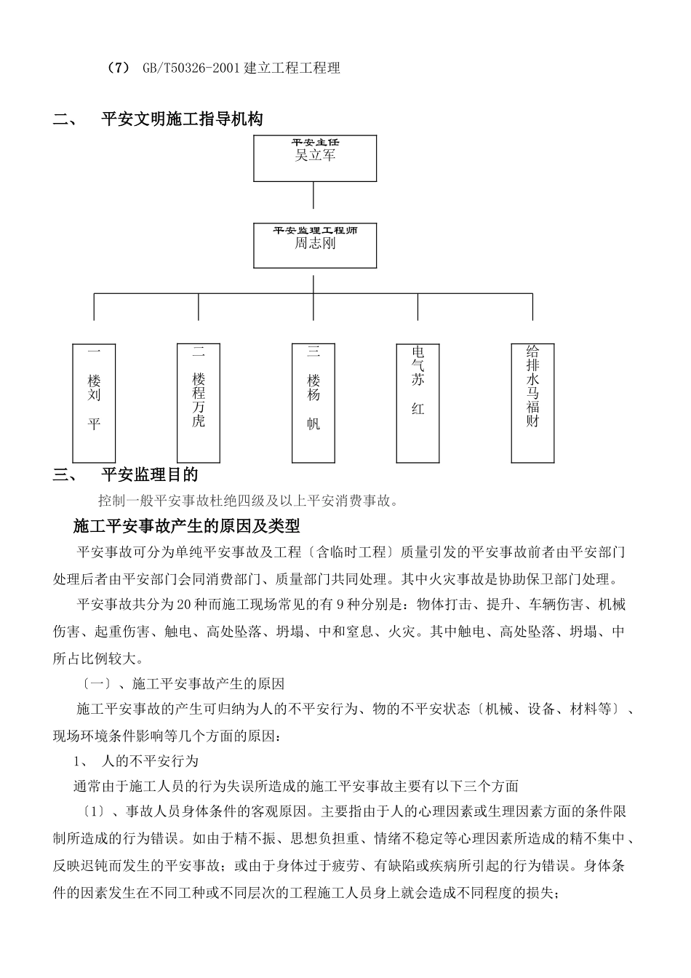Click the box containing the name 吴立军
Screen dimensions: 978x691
[315, 158]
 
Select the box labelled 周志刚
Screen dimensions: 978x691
[315, 246]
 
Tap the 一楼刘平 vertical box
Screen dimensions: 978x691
[94, 402]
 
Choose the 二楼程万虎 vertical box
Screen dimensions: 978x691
[199, 402]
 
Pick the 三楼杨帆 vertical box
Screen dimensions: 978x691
[313, 402]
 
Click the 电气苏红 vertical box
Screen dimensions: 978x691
[418, 402]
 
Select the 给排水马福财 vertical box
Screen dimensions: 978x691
[532, 402]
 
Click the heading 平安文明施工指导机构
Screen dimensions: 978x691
[182, 120]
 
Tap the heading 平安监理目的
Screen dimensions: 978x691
[149, 475]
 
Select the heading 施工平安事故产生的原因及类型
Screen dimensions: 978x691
[187, 525]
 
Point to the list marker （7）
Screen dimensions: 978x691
[118, 68]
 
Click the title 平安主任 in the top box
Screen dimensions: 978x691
[315, 142]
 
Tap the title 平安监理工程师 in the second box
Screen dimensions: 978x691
[315, 230]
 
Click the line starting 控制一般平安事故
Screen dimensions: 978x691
[248, 501]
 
